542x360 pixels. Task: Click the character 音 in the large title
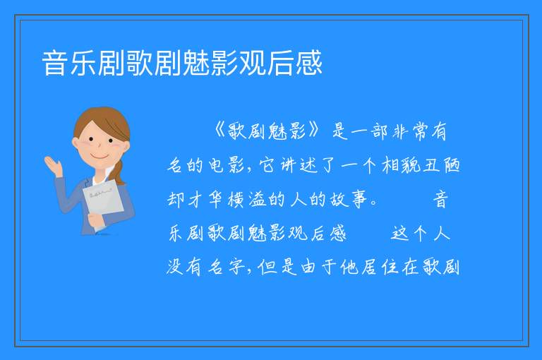pyautogui.click(x=54, y=63)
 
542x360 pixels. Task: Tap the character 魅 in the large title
pyautogui.click(x=195, y=63)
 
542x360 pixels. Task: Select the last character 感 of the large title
pyautogui.click(x=308, y=63)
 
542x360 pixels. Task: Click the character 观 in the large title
pyautogui.click(x=252, y=63)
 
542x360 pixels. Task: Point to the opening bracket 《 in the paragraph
pyautogui.click(x=220, y=131)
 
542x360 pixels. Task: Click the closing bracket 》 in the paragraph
pyautogui.click(x=313, y=131)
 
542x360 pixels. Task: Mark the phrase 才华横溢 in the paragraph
pyautogui.click(x=227, y=200)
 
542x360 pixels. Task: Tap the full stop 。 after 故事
pyautogui.click(x=373, y=203)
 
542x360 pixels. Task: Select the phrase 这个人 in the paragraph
pyautogui.click(x=421, y=233)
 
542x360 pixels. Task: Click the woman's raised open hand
pyautogui.click(x=53, y=166)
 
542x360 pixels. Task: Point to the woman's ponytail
pyautogui.click(x=119, y=172)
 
